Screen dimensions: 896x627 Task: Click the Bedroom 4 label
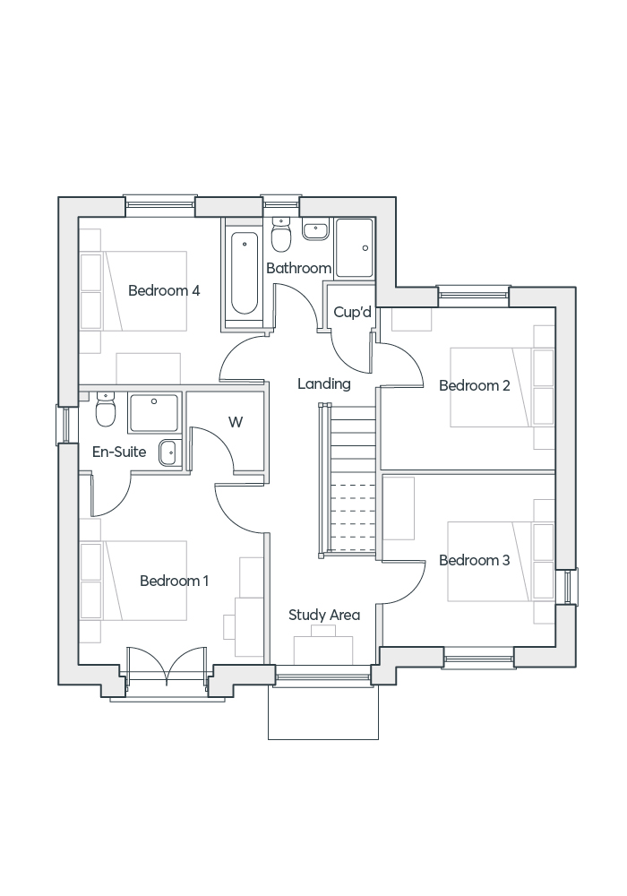point(164,290)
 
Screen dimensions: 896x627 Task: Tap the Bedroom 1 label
point(174,581)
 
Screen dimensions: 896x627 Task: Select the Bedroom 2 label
point(474,385)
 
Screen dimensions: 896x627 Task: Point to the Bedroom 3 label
point(474,560)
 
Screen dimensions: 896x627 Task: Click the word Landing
point(323,383)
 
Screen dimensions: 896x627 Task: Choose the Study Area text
point(323,615)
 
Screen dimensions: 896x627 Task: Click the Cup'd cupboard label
point(352,312)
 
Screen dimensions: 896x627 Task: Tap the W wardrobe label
point(236,422)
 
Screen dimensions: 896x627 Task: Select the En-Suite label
point(119,452)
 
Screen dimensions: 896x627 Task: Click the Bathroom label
point(298,268)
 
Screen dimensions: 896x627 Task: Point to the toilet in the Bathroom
point(280,237)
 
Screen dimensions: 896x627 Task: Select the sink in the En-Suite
point(168,453)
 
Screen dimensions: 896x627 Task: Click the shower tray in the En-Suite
point(154,412)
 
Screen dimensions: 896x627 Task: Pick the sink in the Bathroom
point(315,231)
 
